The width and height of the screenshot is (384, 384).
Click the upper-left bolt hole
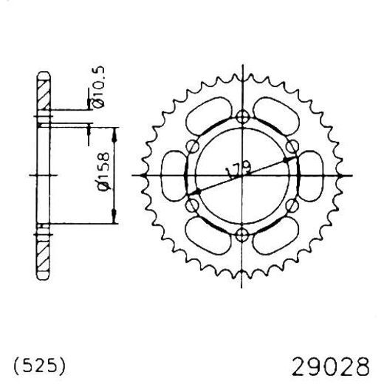tap(193, 145)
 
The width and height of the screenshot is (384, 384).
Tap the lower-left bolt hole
tap(193, 205)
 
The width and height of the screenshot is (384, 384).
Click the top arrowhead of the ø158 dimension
tap(115, 131)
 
